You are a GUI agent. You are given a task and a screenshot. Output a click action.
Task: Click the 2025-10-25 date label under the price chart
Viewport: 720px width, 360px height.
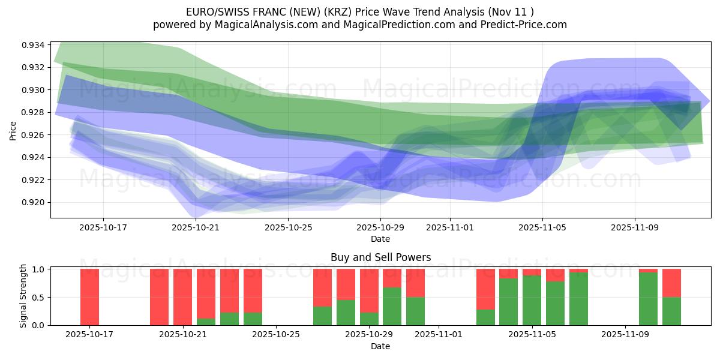pos(288,227)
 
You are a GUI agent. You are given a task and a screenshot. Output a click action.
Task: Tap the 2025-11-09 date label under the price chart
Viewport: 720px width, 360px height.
pos(635,227)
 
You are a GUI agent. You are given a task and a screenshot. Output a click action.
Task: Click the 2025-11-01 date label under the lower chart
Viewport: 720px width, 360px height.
pos(439,335)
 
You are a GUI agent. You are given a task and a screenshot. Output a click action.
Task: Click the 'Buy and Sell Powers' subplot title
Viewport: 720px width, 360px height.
pos(380,257)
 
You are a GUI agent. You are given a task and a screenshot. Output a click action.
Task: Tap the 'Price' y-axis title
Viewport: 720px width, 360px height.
pos(13,130)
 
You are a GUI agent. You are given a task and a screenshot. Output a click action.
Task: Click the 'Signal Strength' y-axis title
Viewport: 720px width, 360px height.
pos(24,296)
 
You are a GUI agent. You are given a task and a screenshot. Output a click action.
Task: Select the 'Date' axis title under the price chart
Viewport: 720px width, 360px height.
pos(380,239)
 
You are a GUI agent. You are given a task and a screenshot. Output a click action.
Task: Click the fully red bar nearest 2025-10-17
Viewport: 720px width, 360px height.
pos(89,297)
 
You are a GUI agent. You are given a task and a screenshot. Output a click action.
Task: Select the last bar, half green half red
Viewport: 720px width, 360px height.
pos(671,297)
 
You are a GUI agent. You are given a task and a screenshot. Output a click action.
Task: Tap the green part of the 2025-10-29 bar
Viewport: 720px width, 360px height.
pos(369,313)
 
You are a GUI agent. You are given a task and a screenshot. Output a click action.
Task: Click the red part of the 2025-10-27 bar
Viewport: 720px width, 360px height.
pos(322,287)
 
